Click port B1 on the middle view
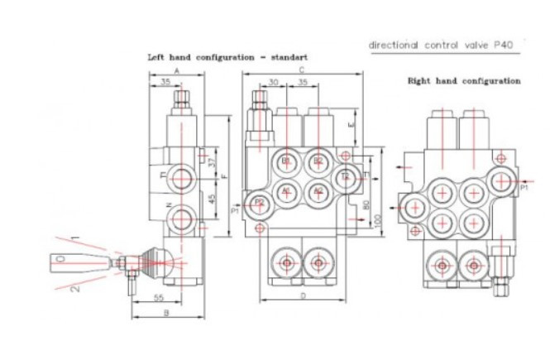click(x=286, y=161)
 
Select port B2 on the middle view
click(x=317, y=161)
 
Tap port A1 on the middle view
click(x=286, y=190)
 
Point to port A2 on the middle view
click(x=317, y=190)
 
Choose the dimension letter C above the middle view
click(x=303, y=72)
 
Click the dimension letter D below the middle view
click(x=303, y=295)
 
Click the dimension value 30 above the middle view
click(x=273, y=83)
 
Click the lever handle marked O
click(x=60, y=259)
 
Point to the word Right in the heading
click(x=421, y=81)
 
